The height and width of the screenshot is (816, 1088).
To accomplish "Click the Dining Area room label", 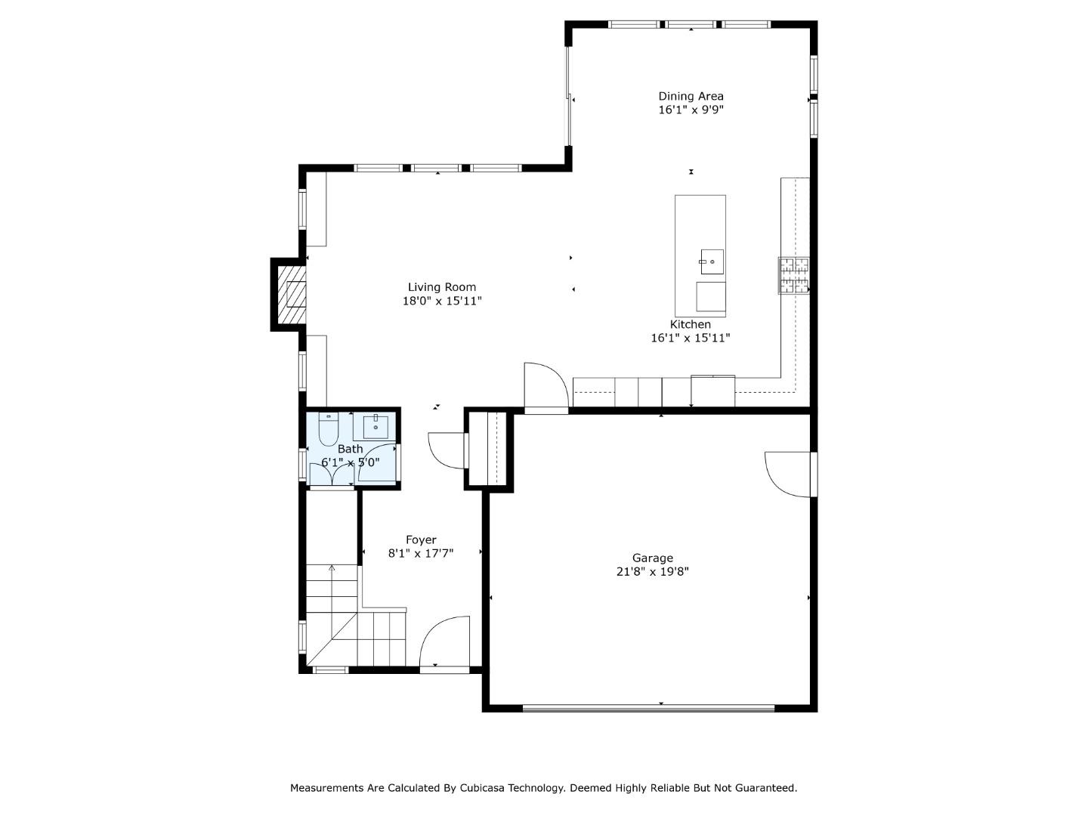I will coord(691,96).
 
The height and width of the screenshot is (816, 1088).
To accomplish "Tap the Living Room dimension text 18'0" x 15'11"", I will coord(442,301).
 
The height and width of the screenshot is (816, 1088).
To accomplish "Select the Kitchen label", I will coord(690,324).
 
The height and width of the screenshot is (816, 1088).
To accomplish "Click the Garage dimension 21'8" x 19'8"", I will coord(652,572).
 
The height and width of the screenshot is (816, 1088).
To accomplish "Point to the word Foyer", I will coord(421,539).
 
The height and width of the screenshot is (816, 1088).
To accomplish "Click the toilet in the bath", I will coord(328,430).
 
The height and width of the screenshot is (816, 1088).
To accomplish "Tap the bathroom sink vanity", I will coord(376,427).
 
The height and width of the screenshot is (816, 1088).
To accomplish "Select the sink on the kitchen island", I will coord(711,262).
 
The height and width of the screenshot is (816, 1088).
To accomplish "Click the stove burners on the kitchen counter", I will coord(793,275).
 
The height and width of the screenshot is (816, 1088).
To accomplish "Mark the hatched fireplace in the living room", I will coord(291,295).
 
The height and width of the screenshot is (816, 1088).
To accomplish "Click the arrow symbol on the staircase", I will coord(332,569).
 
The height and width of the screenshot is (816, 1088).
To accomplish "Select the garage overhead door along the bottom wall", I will coord(648,708).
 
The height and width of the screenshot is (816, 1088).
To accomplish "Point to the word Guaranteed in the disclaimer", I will coord(764,788).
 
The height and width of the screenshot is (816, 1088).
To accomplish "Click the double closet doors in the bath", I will coord(332,474).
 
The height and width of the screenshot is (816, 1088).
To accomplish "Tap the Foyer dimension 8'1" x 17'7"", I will coord(421,554).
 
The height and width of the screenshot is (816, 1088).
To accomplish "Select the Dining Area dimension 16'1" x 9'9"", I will coord(691,110).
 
